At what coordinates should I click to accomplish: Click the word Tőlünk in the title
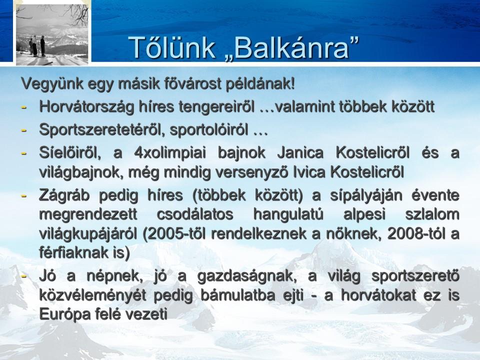click(172, 47)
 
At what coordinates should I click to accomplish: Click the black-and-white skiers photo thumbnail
click(52, 33)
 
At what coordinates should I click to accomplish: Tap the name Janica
click(300, 152)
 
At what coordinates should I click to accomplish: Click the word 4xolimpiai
click(170, 152)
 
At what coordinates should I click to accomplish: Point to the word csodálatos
click(195, 214)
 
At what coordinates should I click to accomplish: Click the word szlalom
click(432, 214)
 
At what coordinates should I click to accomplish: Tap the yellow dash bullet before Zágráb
click(24, 196)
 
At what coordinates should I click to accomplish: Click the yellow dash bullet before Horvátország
click(24, 107)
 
